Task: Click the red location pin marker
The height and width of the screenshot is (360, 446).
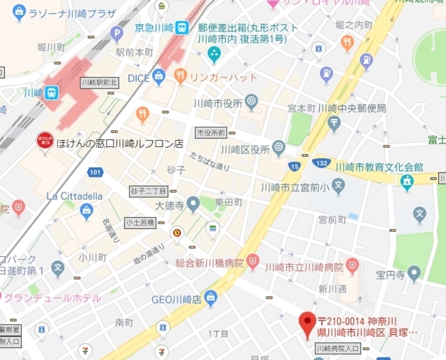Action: click(307, 324)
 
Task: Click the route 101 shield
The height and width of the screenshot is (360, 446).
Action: click(95, 171)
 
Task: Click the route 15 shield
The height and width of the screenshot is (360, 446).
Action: click(295, 166)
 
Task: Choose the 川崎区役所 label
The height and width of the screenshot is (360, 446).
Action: click(245, 148)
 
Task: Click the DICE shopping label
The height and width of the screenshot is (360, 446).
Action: click(138, 78)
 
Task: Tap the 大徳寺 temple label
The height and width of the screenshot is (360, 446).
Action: click(169, 205)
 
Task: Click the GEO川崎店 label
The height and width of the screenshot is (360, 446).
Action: click(176, 299)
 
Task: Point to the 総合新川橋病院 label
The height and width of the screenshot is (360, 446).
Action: click(209, 264)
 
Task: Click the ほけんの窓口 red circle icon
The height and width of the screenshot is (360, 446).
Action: click(45, 140)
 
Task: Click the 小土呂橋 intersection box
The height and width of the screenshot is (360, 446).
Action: click(139, 223)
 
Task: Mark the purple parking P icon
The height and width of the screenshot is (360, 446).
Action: click(116, 32)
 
